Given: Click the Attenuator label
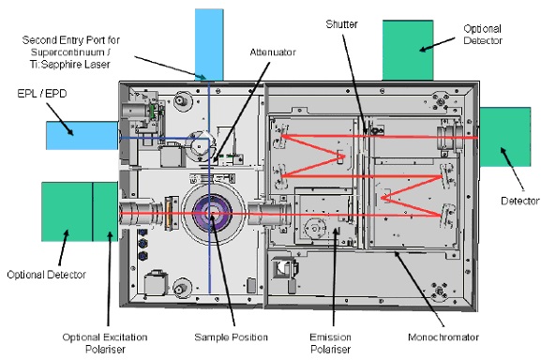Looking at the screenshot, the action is (273, 52).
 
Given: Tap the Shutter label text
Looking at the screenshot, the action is (341, 24).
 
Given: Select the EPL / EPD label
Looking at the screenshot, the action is (42, 94).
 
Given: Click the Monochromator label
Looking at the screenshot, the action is (443, 337).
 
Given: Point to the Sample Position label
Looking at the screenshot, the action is (231, 337).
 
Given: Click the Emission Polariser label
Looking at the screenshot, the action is (330, 343).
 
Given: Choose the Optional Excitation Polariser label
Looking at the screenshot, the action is (105, 343).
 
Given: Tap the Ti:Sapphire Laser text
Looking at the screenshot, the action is (70, 65).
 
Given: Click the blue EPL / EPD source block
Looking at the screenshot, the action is (83, 135).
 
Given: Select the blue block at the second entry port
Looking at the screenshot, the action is (209, 44).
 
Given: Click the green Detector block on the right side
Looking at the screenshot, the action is (505, 137).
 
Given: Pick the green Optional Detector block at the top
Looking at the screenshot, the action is (408, 50).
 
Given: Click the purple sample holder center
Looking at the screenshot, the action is (212, 214).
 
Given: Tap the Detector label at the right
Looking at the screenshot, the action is (519, 201).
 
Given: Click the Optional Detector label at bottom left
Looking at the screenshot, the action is (46, 275).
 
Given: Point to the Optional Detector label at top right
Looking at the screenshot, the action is (483, 35).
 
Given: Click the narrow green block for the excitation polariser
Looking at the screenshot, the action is (105, 212).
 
